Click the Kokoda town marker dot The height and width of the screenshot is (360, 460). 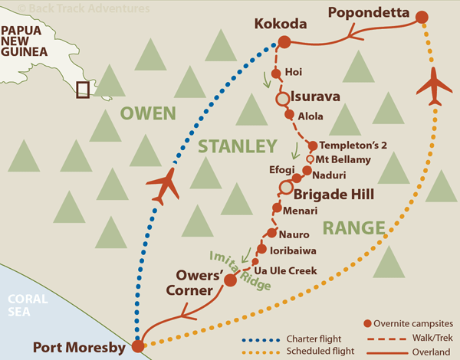click(284, 43)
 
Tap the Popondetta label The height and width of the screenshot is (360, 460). click(365, 12)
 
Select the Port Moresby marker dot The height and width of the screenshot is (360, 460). click(137, 346)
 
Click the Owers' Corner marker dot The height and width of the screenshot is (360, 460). click(228, 280)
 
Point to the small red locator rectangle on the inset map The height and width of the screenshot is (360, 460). click(82, 90)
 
